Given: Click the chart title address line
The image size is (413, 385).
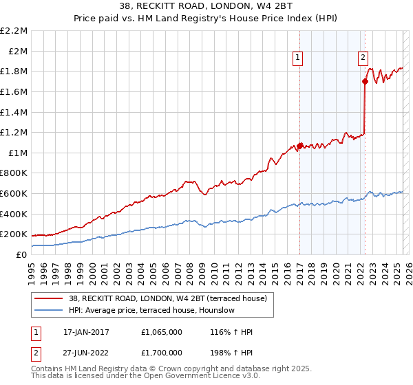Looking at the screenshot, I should click(x=206, y=7).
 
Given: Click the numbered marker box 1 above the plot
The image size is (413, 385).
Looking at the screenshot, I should click(x=299, y=58).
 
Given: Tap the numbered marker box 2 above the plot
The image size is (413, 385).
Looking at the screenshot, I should click(x=363, y=58).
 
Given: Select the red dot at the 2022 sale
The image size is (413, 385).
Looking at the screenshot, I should click(x=365, y=81).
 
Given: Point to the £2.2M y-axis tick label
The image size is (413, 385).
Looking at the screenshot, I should click(x=14, y=31).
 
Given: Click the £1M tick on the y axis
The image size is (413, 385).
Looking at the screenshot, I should click(x=18, y=153).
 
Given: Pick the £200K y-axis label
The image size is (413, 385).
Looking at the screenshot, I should click(x=14, y=234).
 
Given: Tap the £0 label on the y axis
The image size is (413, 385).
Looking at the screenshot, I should click(x=21, y=254).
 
